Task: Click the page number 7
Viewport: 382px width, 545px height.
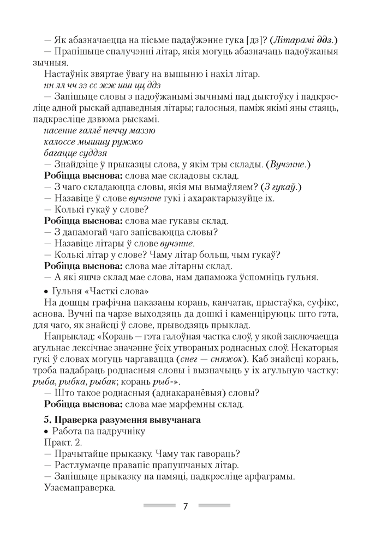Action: coord(185,506)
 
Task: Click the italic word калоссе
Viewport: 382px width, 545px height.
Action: coord(58,142)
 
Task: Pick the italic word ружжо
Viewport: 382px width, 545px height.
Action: coord(129,142)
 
